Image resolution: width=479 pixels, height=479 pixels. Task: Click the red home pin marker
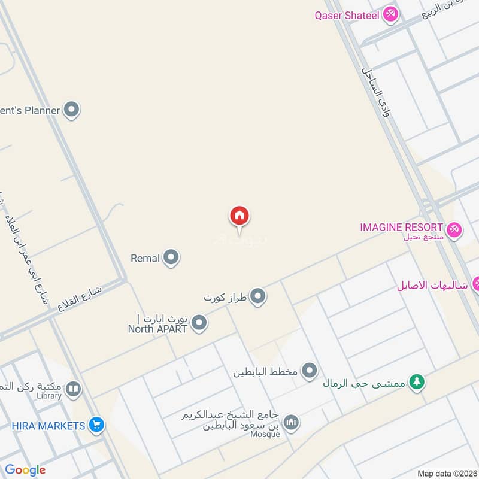[x=239, y=216]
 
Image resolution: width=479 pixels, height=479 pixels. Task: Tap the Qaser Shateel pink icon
[x=390, y=14]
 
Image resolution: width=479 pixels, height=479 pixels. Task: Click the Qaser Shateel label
[x=347, y=15]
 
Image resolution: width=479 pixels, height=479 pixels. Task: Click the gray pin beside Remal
[x=171, y=258]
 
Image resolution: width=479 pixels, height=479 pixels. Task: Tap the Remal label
[x=145, y=259]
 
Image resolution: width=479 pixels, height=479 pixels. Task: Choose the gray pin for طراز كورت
[x=258, y=296]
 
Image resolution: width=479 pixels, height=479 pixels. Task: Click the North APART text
[x=157, y=328]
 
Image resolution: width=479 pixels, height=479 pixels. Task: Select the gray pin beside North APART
[x=200, y=324]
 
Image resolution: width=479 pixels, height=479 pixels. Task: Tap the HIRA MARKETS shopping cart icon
[x=96, y=425]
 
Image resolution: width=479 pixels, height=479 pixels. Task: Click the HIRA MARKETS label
[x=48, y=426]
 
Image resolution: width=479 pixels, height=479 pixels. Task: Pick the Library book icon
[x=73, y=390]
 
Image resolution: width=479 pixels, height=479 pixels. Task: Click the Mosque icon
[x=292, y=423]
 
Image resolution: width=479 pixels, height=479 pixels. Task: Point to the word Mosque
[x=265, y=435]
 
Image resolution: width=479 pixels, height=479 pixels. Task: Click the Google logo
[x=25, y=470]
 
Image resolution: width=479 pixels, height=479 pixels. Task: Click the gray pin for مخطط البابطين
[x=309, y=372]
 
